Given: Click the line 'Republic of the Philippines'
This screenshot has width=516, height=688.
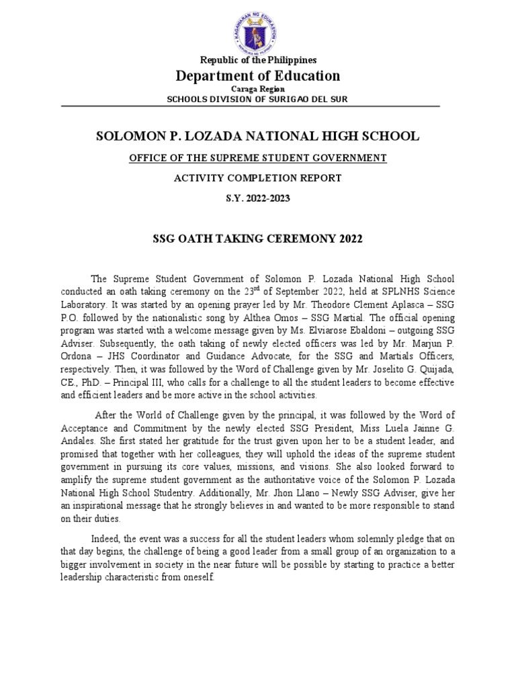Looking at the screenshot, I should (x=258, y=60).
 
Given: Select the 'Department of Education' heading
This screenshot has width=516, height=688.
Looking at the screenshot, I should (x=258, y=76).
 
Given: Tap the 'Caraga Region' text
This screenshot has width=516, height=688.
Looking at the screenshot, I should (x=258, y=89).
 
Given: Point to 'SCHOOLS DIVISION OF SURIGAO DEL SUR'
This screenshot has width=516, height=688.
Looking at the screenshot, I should (x=258, y=99).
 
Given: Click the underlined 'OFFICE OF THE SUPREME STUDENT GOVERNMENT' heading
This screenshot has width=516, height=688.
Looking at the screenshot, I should (x=258, y=158).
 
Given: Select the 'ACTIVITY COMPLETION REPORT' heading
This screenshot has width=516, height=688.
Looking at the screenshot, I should (x=258, y=178).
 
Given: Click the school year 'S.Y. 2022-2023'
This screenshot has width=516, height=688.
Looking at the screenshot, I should (x=258, y=198).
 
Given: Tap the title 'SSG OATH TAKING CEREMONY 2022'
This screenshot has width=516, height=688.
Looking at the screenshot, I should (x=258, y=239).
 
